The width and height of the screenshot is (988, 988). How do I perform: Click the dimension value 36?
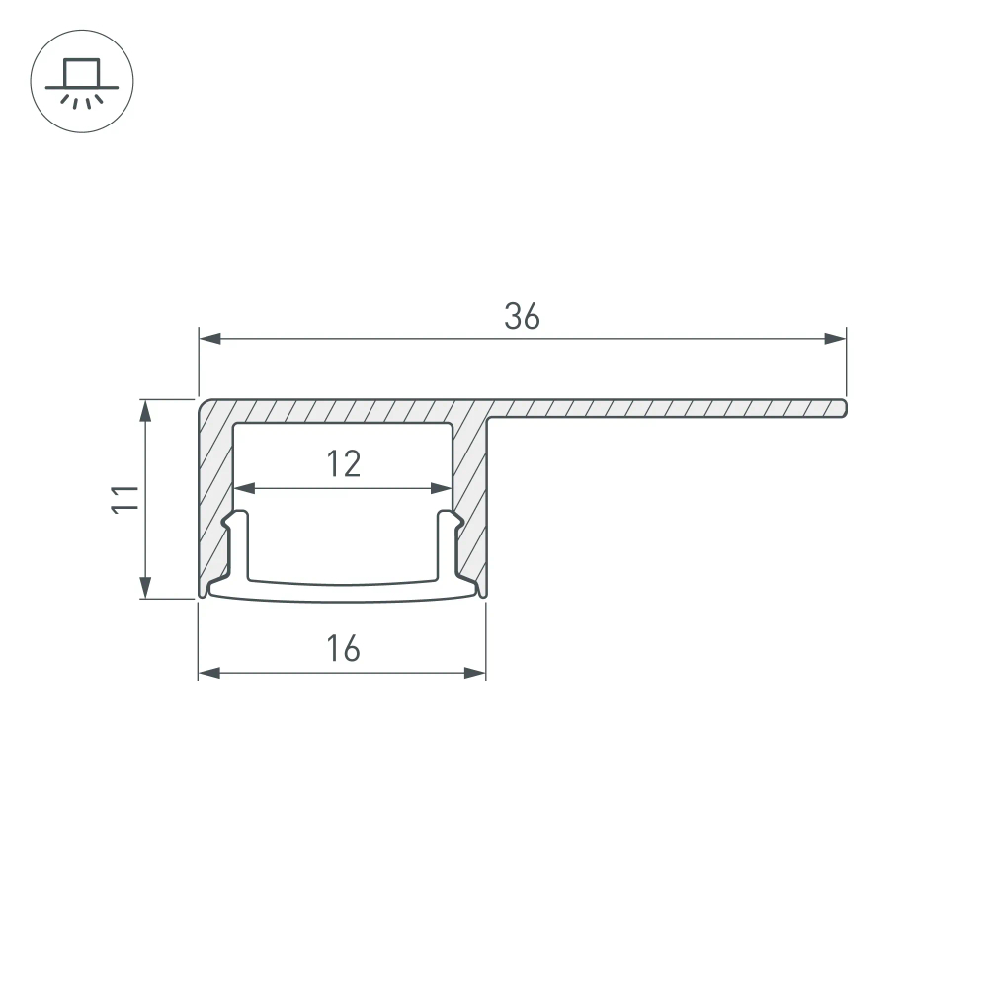522,316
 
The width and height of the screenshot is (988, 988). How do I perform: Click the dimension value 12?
343,463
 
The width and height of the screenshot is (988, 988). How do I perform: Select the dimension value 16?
343,649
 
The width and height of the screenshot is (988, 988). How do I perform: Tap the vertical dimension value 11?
123,498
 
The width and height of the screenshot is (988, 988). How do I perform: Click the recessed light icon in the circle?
82,81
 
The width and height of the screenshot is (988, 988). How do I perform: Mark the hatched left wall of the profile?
215,494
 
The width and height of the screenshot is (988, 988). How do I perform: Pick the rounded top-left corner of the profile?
205,405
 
